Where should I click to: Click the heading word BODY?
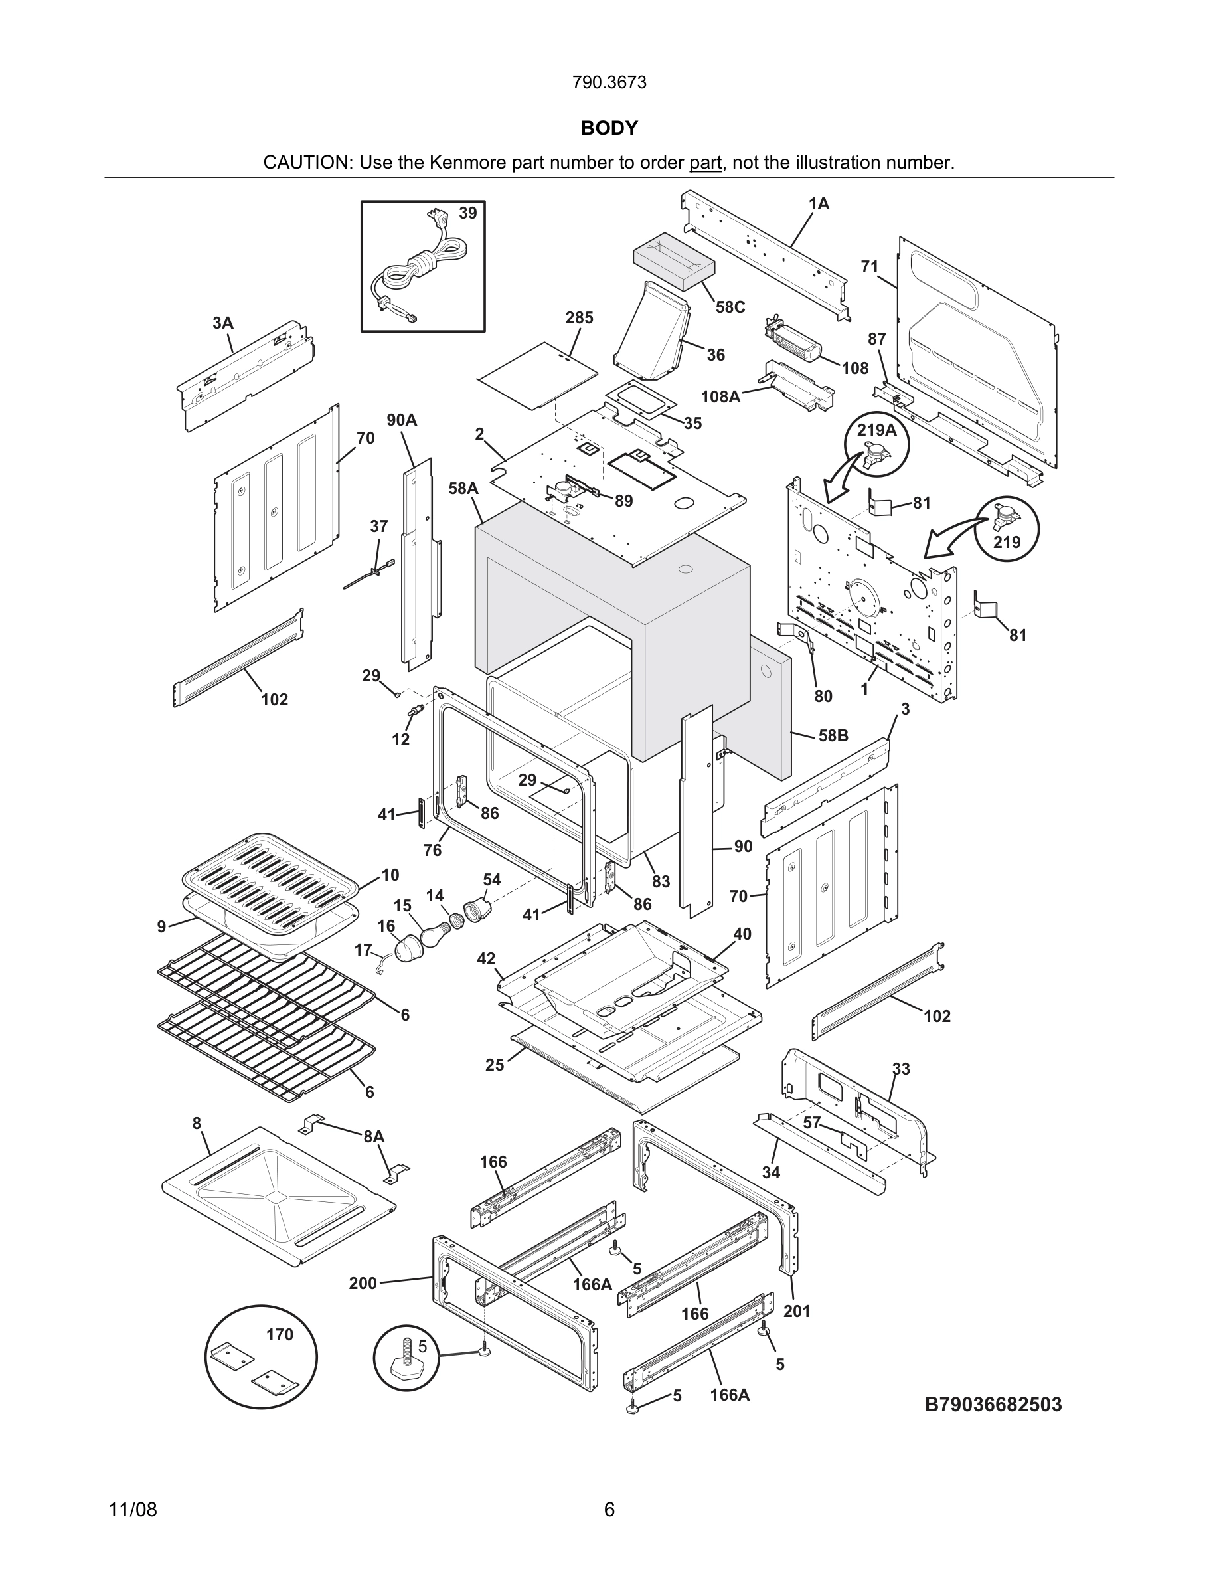coord(609,128)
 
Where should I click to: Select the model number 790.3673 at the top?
coord(609,82)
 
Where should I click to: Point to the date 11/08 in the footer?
coord(132,1510)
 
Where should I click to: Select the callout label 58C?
coord(730,307)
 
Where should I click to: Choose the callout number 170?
coord(280,1334)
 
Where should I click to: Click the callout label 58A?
coord(463,488)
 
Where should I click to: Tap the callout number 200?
coord(363,1283)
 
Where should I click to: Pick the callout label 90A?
coord(402,420)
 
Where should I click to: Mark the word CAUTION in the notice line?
coord(307,163)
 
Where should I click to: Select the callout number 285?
coord(579,318)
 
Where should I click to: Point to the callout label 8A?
coord(373,1136)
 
